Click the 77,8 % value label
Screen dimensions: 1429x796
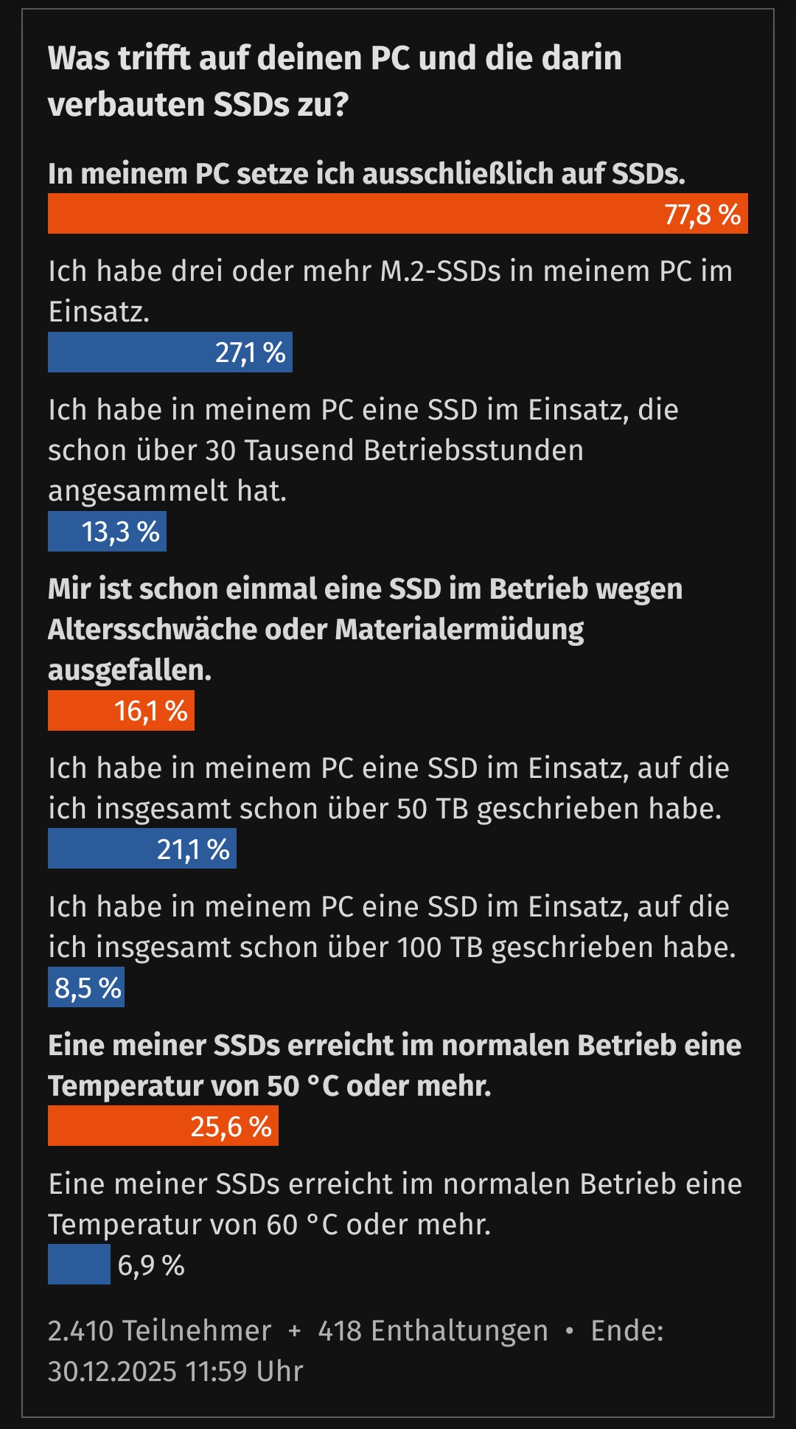point(702,215)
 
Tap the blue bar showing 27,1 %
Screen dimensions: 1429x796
point(170,352)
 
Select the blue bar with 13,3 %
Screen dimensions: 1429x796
point(107,532)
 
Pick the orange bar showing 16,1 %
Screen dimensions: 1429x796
point(121,711)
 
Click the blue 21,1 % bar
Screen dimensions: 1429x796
point(142,849)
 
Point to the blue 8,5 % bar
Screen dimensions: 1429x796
point(86,988)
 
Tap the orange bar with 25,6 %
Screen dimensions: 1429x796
point(163,1126)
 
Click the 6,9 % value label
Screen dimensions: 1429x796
point(151,1265)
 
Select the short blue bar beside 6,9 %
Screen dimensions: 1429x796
point(79,1265)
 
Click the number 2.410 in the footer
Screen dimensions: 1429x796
point(80,1331)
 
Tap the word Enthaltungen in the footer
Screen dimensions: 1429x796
point(459,1331)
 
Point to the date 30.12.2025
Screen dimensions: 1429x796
point(112,1371)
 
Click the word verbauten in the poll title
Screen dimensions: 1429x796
point(126,104)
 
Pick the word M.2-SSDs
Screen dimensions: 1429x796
point(440,271)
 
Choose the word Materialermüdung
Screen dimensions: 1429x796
point(458,629)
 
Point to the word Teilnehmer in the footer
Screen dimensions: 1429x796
point(196,1331)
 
